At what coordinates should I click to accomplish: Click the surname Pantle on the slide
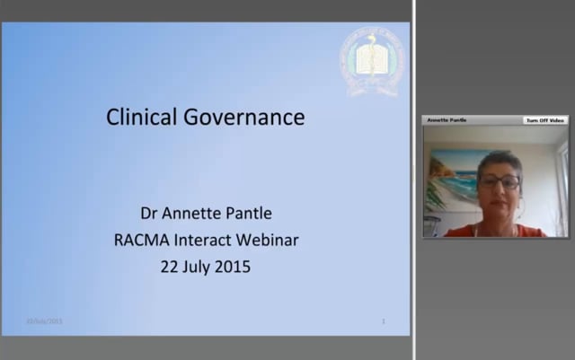[249, 214]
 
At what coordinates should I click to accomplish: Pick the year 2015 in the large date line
[232, 266]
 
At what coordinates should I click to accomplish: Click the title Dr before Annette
[150, 214]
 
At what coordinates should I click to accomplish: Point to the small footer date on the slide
[44, 321]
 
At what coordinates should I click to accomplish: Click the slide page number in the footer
[384, 321]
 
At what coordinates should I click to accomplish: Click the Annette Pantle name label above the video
[447, 119]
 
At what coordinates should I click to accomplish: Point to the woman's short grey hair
[500, 160]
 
